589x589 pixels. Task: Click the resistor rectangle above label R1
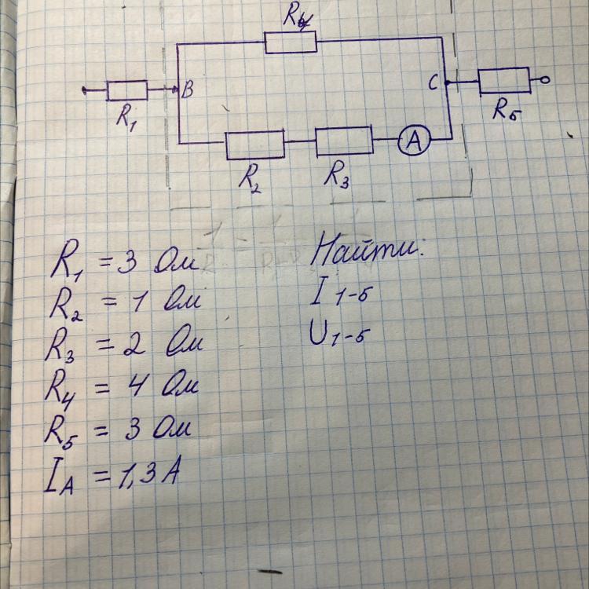pyautogui.click(x=126, y=91)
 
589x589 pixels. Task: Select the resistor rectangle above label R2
pyautogui.click(x=255, y=145)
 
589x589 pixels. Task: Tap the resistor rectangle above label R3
pyautogui.click(x=344, y=142)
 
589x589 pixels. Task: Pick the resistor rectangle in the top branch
pyautogui.click(x=291, y=42)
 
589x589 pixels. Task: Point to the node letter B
pyautogui.click(x=188, y=91)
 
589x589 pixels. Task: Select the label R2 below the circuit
pyautogui.click(x=251, y=179)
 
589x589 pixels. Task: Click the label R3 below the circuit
pyautogui.click(x=337, y=177)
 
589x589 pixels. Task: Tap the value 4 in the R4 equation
pyautogui.click(x=145, y=387)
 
